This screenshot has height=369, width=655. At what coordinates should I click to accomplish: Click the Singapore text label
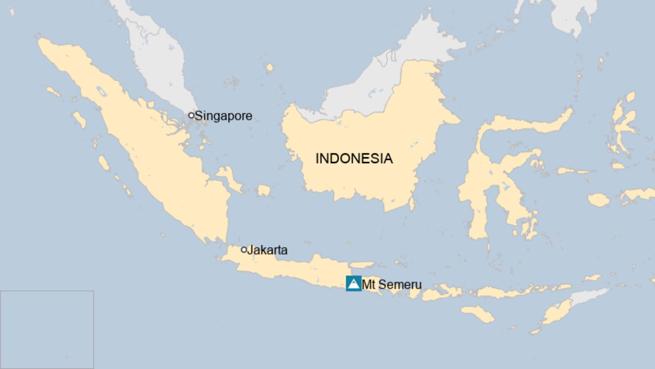[x=224, y=116]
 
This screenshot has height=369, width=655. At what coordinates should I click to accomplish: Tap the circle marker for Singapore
[x=191, y=115]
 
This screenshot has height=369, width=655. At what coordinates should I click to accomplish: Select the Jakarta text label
[x=267, y=250]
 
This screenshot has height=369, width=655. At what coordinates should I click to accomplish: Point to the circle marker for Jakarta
[x=244, y=250]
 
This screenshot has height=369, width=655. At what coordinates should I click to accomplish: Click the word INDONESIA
[x=354, y=158]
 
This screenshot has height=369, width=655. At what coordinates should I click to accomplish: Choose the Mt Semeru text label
[x=392, y=285]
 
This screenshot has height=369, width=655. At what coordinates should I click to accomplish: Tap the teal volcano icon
[x=354, y=283]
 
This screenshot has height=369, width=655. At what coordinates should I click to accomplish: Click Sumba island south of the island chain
[x=478, y=313]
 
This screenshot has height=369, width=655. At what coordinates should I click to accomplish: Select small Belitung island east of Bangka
[x=264, y=190]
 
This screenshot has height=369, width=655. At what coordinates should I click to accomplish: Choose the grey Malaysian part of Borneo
[x=377, y=80]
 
